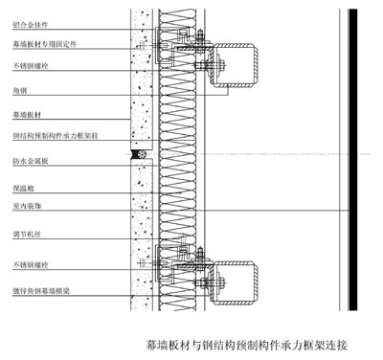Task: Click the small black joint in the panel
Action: (x=140, y=153)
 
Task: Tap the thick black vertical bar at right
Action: (x=352, y=158)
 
